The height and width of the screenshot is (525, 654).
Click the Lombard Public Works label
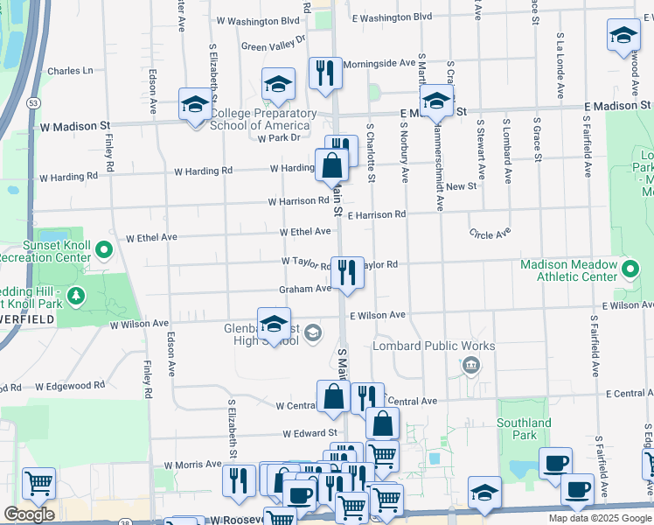point(434,346)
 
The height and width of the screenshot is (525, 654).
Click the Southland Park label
point(524,429)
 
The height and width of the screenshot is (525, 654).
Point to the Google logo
point(29,514)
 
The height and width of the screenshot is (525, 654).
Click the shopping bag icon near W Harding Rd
point(332,164)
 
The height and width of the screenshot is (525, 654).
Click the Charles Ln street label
point(70,71)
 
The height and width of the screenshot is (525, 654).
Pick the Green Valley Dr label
point(273,43)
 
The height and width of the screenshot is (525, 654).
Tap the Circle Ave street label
point(490,234)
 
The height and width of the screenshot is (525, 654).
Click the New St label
point(461,186)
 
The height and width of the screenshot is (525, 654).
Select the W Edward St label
point(310,433)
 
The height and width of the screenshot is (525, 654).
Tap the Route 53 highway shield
point(33,102)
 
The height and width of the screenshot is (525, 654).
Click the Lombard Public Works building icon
point(471,364)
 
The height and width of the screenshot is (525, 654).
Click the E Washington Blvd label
point(392,17)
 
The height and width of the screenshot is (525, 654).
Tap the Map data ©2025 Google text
point(599,518)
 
